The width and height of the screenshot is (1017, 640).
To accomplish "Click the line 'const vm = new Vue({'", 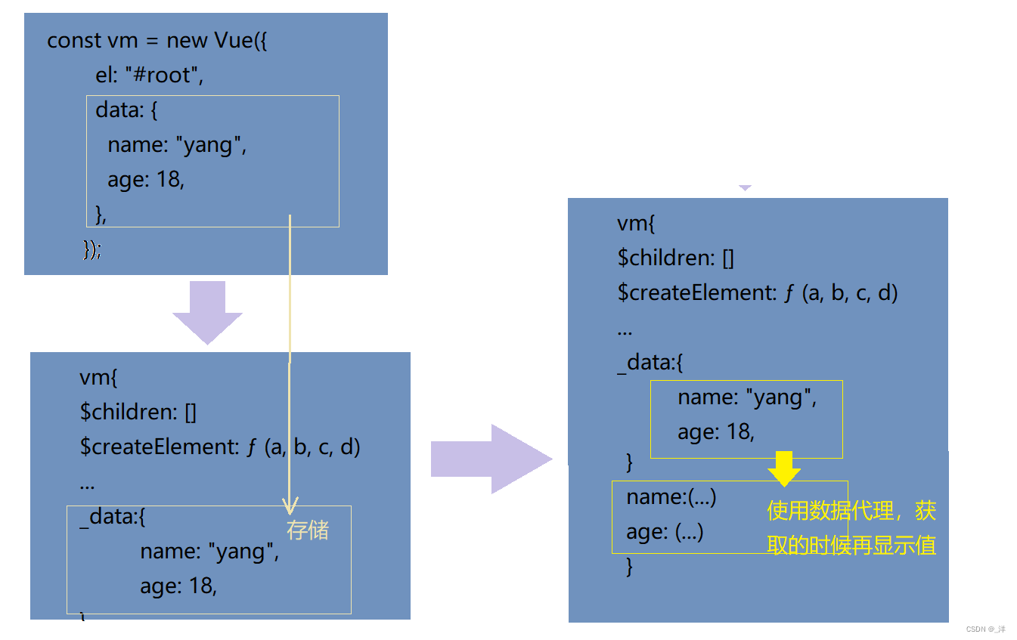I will [157, 41].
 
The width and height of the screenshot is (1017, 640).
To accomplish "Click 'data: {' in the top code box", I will [126, 110].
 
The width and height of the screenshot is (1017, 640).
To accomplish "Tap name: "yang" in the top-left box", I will [177, 144].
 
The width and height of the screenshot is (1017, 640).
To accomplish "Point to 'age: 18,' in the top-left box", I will [146, 180].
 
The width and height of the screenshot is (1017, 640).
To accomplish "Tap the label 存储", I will [308, 530].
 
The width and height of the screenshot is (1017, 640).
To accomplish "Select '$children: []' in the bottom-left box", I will [138, 413].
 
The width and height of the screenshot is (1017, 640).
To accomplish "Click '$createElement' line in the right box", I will [757, 292].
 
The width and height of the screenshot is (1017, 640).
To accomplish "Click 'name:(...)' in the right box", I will [671, 497].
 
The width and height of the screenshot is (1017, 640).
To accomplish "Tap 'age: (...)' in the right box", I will [665, 532].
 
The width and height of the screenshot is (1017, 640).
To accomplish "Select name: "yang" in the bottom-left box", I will [209, 552].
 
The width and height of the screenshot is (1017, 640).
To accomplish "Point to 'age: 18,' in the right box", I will [716, 431].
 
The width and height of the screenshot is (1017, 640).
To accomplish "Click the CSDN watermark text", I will [986, 629].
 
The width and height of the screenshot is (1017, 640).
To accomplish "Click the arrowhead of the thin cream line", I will [290, 506].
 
